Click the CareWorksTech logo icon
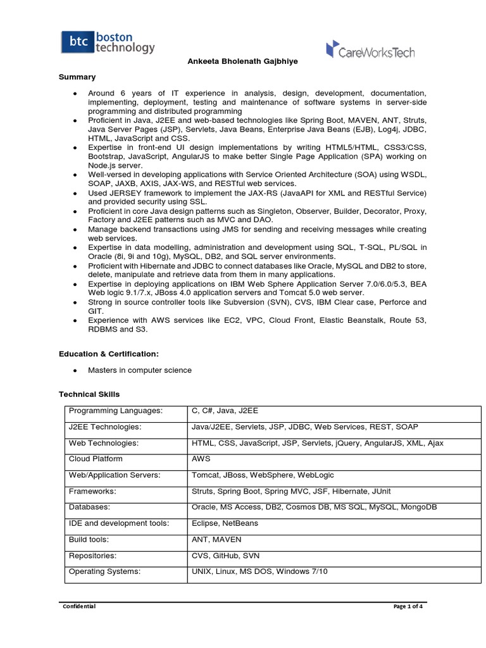coord(332,49)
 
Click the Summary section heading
coord(77,77)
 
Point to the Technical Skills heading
coord(89,394)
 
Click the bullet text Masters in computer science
coord(139,370)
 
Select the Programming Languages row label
coord(116,411)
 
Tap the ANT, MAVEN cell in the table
coord(216,540)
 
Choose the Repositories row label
coord(94,556)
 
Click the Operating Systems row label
coord(104,571)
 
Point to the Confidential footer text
coord(79,606)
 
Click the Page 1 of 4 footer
coord(408,606)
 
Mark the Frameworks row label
coord(92,491)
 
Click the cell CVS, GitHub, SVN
coord(225,556)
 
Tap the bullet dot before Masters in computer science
coord(76,370)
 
